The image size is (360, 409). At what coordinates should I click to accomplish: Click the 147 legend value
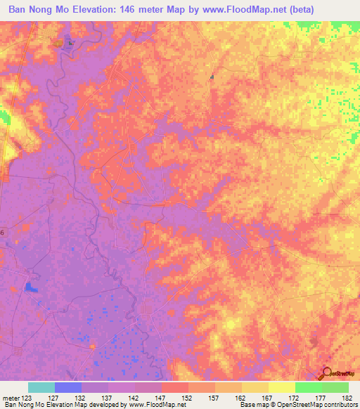click(161, 398)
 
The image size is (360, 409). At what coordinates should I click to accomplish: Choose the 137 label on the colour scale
click(108, 398)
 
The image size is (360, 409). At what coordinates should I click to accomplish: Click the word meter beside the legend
click(11, 398)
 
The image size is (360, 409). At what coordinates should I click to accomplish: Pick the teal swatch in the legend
click(41, 387)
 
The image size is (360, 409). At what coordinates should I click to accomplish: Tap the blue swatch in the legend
click(67, 387)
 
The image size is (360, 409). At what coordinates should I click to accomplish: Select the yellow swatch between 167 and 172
click(281, 387)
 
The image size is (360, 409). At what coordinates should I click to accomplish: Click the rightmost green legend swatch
click(335, 387)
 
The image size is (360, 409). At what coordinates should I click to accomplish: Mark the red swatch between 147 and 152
click(174, 387)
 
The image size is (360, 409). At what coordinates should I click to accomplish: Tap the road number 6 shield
click(2, 232)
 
